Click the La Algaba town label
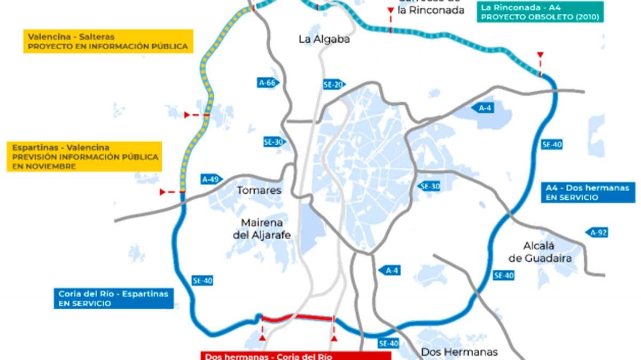[324, 39]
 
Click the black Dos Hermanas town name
[459, 351]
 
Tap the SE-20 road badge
[334, 84]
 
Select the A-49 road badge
[212, 179]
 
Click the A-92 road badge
[597, 232]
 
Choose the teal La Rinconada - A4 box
[541, 12]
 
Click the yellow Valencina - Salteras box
[108, 42]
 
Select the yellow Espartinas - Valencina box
[84, 156]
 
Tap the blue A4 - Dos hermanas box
[588, 192]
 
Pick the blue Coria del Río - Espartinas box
[113, 298]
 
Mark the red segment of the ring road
[296, 318]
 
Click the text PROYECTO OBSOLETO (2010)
[541, 17]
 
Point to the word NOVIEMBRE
[44, 167]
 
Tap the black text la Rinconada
[432, 10]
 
